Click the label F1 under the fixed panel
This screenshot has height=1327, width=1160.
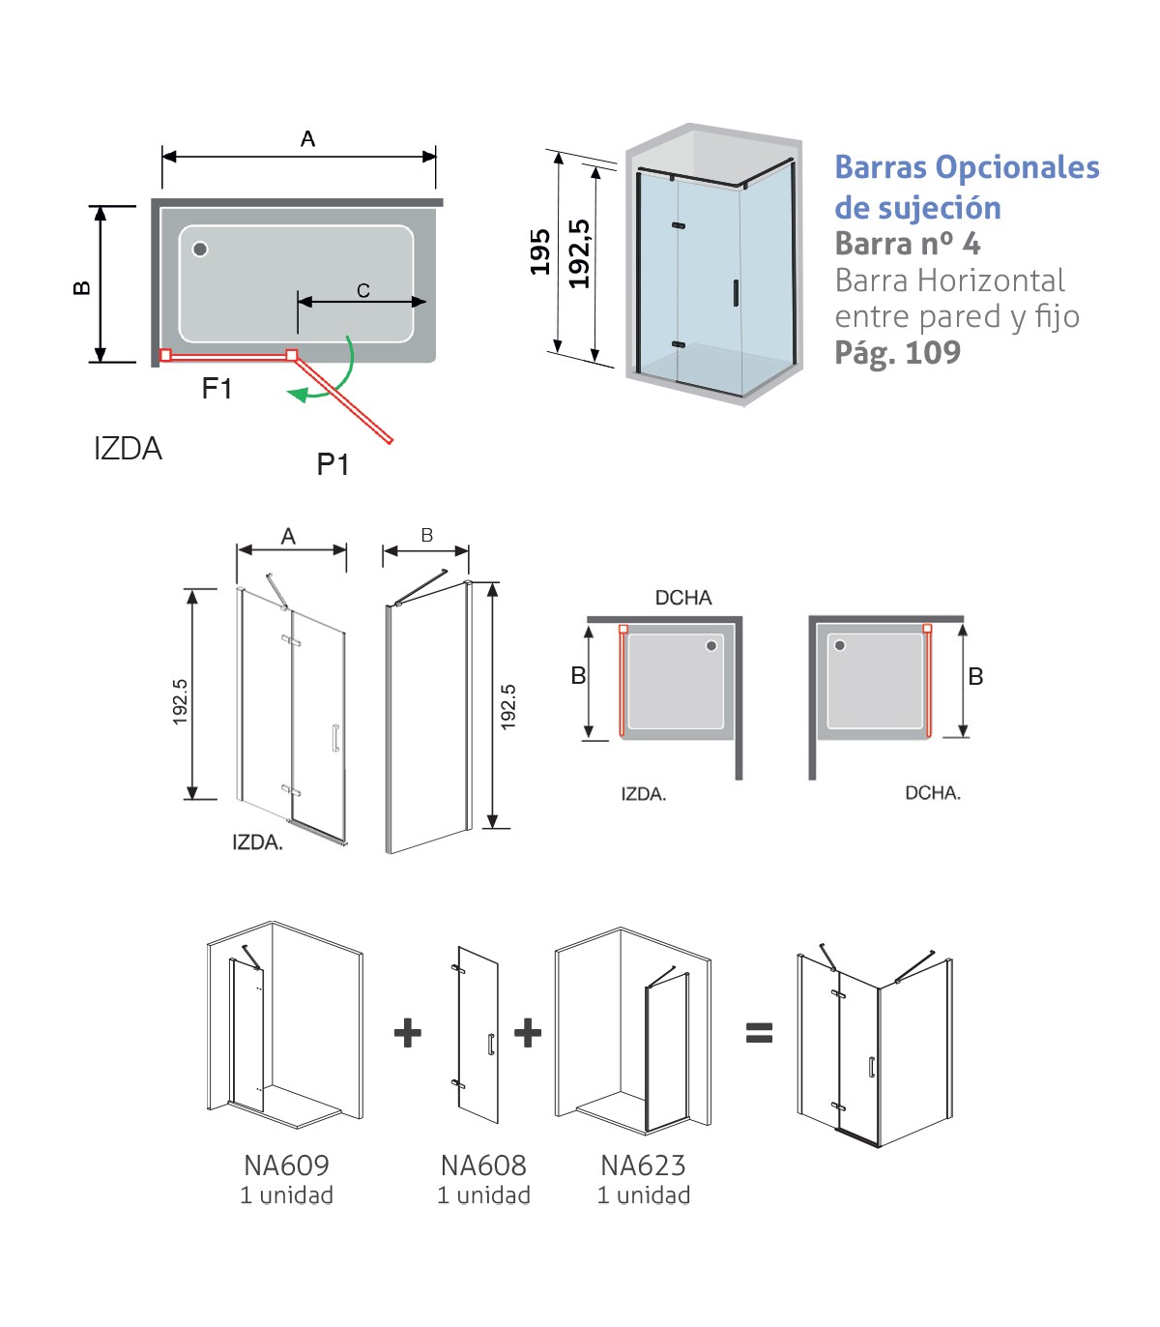point(217,389)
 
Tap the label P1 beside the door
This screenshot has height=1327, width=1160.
point(333,465)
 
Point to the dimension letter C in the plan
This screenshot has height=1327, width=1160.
point(363,290)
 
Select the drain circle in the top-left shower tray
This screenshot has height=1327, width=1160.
point(200,250)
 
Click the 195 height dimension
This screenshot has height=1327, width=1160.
point(539,251)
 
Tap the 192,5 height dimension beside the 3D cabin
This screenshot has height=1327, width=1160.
point(579,253)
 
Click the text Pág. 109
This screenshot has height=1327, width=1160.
point(897,353)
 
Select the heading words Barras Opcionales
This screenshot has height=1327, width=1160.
point(967,167)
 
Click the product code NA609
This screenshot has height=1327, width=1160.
point(286,1165)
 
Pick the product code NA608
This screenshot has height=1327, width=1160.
point(483,1165)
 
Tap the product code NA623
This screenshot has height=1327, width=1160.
point(643,1165)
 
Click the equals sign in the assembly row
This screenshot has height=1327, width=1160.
point(760,1033)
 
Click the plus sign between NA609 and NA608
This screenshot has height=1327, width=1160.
point(408,1033)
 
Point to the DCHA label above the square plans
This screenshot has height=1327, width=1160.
point(683,598)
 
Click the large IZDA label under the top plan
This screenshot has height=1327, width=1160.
point(128,449)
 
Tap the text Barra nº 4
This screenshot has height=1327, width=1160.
point(907,244)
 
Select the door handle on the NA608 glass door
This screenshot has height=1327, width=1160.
point(491,1045)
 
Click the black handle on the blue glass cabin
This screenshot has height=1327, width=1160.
point(736,293)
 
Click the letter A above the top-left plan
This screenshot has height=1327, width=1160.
point(307,139)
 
